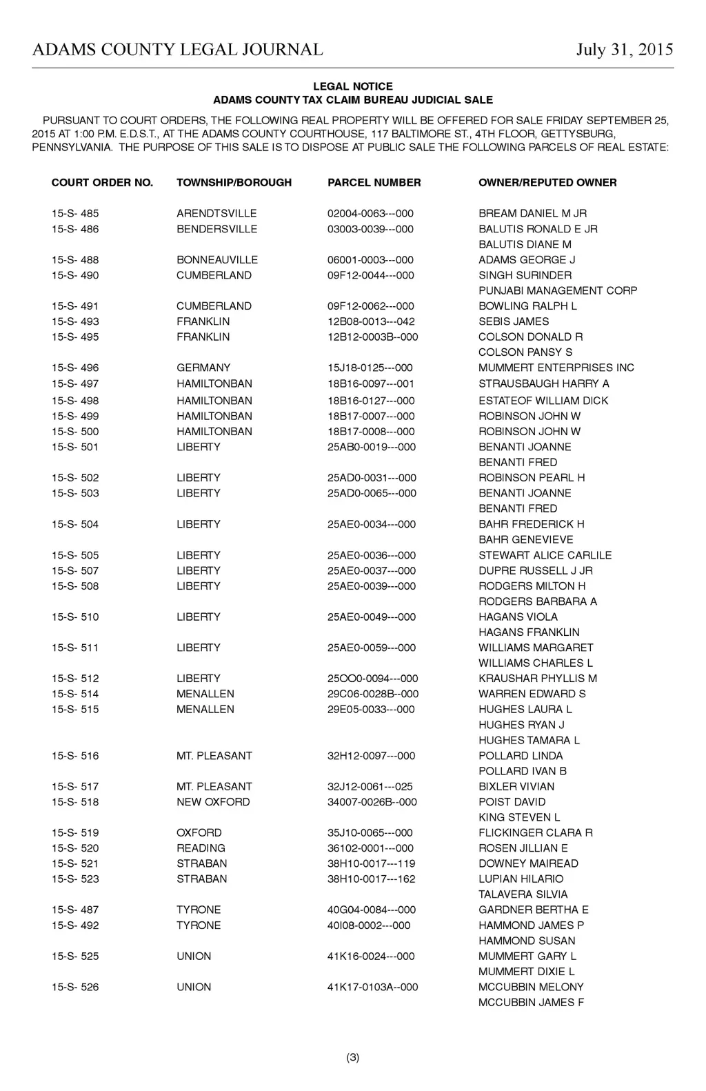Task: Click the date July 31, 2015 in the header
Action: pos(625,50)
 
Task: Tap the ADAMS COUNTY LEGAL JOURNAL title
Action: pos(178,50)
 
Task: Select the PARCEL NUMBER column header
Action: pos(374,183)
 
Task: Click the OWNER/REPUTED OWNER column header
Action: pos(547,183)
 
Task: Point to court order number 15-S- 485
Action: pos(75,214)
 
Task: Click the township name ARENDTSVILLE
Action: pos(216,214)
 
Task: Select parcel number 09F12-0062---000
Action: pos(370,306)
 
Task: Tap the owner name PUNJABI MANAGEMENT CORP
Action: pos(558,291)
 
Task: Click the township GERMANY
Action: pos(203,368)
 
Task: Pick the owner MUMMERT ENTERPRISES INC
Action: pos(556,368)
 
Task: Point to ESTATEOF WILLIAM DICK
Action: pos(543,401)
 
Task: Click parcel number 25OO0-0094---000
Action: pos(372,679)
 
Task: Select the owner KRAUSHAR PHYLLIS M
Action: pos(538,679)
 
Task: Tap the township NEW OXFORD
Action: pos(213,802)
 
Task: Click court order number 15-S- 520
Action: pos(75,848)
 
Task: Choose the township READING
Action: pos(201,848)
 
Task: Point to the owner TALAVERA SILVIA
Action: pos(523,894)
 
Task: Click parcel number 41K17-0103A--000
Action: pos(372,988)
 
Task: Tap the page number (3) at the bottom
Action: pos(353,1057)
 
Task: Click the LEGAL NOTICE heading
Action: pos(353,87)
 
